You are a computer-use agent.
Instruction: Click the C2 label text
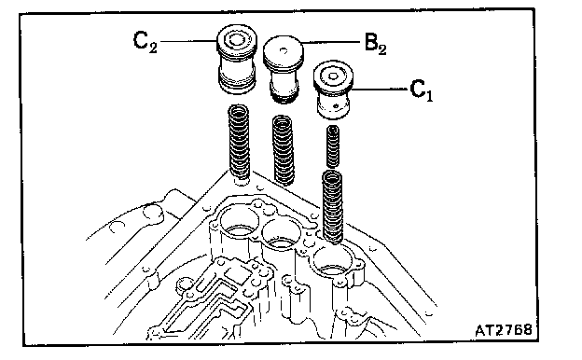145,42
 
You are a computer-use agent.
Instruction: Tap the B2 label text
375,44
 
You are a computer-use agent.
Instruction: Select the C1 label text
422,90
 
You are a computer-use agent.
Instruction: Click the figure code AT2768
504,329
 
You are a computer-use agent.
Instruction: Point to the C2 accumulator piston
237,60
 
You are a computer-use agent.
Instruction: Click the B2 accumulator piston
284,69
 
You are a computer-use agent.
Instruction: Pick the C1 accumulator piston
333,90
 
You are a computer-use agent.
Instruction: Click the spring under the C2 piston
239,142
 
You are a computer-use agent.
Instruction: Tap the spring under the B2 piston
284,149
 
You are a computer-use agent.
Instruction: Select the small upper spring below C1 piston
333,146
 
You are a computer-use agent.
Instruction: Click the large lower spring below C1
332,206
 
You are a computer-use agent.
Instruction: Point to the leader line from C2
188,41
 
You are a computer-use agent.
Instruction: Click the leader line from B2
331,43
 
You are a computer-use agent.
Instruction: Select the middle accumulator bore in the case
281,234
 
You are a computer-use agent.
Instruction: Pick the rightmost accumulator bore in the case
332,261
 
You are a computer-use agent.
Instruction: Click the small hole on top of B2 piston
284,50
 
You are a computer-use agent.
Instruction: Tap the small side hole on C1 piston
336,106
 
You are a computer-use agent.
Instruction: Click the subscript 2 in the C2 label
153,48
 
